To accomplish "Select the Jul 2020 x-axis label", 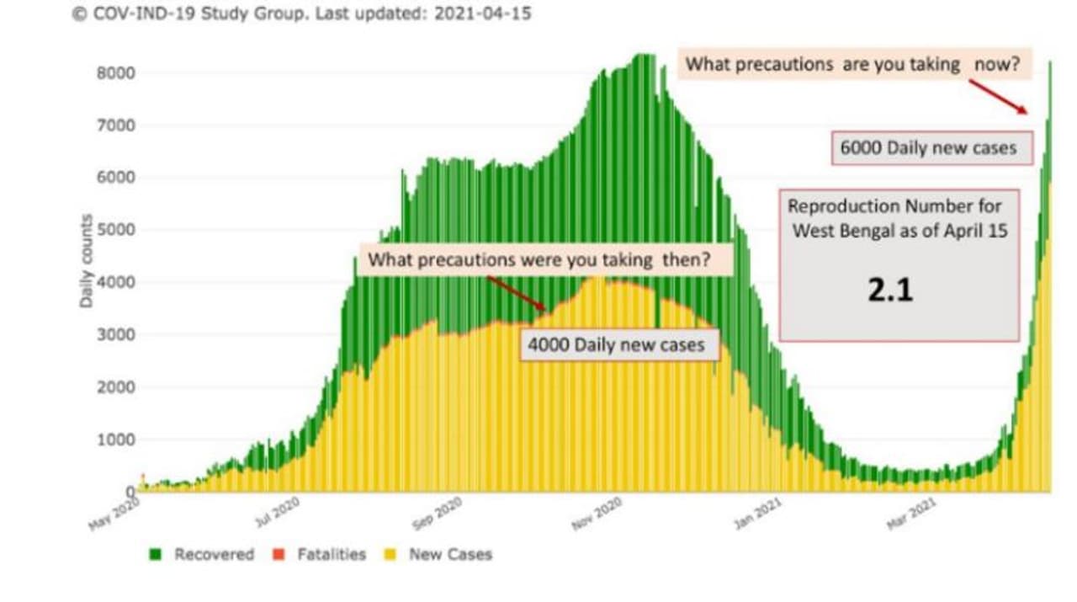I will click(277, 512).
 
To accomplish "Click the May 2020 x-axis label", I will click(114, 512).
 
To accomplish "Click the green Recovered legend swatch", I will click(156, 554).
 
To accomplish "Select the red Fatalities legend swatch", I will click(279, 554).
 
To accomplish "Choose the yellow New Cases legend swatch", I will click(391, 554).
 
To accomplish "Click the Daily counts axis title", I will click(87, 261).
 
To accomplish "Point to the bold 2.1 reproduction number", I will click(890, 290).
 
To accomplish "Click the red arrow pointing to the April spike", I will click(997, 96).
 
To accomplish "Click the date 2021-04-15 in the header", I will click(481, 14).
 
